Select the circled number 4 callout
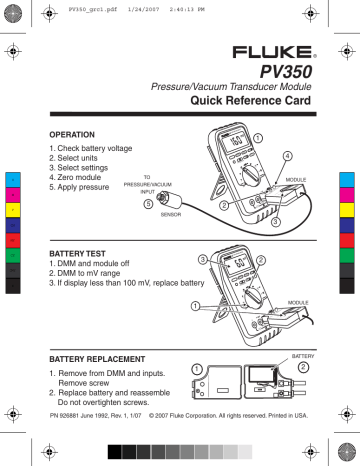tap(288, 156)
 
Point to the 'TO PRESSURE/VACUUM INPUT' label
tap(147, 185)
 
